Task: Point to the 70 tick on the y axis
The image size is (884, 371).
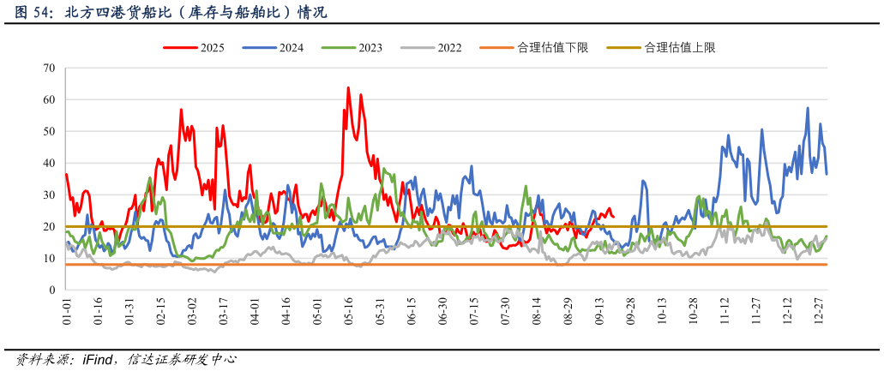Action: [x=49, y=68]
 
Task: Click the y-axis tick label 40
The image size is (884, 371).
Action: [x=49, y=163]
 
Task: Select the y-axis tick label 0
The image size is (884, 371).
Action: [x=51, y=290]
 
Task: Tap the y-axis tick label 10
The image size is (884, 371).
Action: [x=49, y=259]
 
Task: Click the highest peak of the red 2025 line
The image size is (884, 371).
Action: [x=348, y=87]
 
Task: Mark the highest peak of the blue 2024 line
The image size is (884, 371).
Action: [x=808, y=108]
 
